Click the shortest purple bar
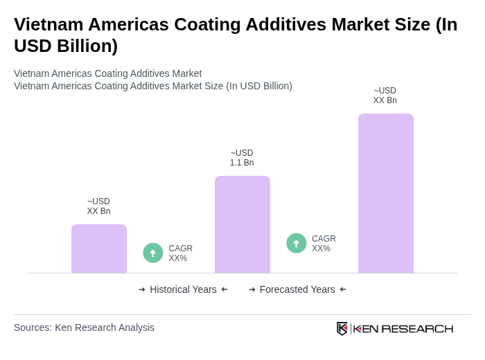99,249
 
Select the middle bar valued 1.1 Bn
242,224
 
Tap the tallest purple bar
385,193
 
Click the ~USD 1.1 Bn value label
242,158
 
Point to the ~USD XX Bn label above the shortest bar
98,206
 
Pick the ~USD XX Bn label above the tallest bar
385,96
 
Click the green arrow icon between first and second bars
153,253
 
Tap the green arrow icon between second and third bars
297,244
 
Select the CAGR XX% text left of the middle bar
180,253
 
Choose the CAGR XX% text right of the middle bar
324,244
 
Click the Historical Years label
183,289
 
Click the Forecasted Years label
297,289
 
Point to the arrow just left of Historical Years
142,289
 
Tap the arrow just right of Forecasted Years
343,289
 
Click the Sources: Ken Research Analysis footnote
84,327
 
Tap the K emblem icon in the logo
342,328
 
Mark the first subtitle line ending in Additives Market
107,73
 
